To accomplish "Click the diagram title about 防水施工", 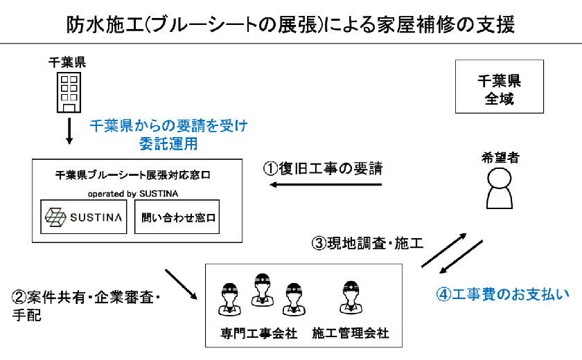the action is pyautogui.click(x=290, y=25).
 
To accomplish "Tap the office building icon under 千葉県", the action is pyautogui.click(x=69, y=92).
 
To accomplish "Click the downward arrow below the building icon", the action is pyautogui.click(x=69, y=131).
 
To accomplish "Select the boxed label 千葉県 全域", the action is pyautogui.click(x=500, y=87).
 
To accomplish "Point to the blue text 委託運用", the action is pyautogui.click(x=168, y=144).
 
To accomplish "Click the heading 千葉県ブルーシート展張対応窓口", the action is pyautogui.click(x=133, y=174).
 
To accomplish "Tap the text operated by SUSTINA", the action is pyautogui.click(x=133, y=194).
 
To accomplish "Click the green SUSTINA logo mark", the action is pyautogui.click(x=55, y=217).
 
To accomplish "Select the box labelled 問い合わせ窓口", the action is pyautogui.click(x=177, y=217).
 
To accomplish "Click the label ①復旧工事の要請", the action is pyautogui.click(x=323, y=169).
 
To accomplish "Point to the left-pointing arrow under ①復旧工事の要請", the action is pyautogui.click(x=326, y=184).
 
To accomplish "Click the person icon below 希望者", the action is pyautogui.click(x=500, y=188).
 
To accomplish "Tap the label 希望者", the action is pyautogui.click(x=500, y=158).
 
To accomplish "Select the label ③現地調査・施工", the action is pyautogui.click(x=367, y=243).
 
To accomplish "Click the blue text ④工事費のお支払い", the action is pyautogui.click(x=502, y=294).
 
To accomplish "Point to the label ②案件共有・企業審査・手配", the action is pyautogui.click(x=86, y=306).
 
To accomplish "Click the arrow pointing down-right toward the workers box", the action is pyautogui.click(x=181, y=285).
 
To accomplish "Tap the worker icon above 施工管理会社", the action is pyautogui.click(x=351, y=298).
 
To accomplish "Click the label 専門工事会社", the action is pyautogui.click(x=258, y=333).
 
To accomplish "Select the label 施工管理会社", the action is pyautogui.click(x=351, y=333).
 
